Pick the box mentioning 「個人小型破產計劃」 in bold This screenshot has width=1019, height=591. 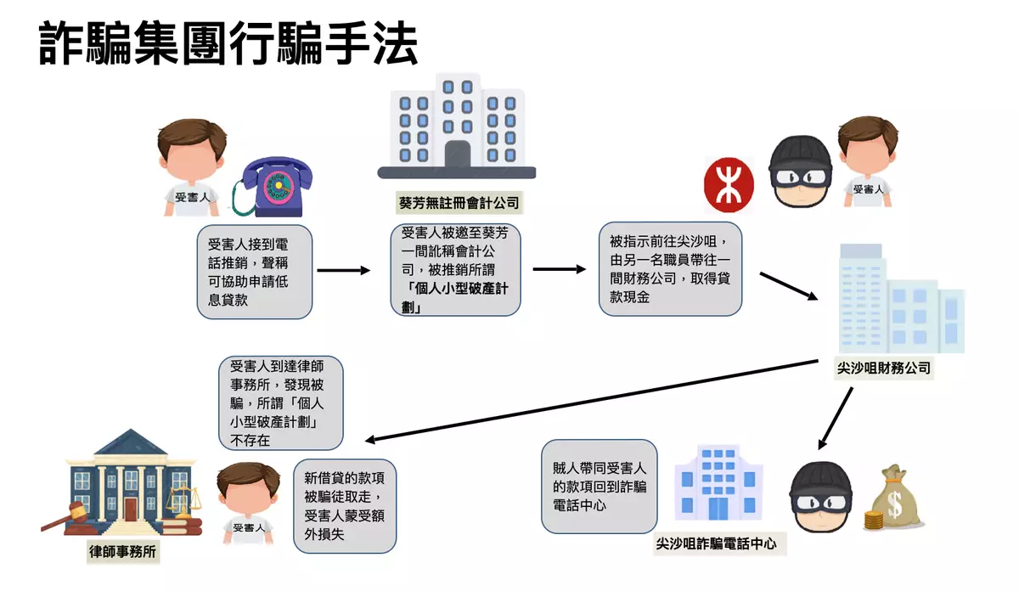click(455, 270)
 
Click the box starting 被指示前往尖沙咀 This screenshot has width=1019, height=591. click(671, 268)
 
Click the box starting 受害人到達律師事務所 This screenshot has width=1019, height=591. click(280, 402)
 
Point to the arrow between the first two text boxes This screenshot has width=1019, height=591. click(344, 271)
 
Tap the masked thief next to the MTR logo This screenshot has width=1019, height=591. click(799, 175)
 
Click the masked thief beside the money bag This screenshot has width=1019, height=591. click(820, 498)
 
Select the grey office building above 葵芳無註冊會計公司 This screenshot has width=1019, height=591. click(457, 127)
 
